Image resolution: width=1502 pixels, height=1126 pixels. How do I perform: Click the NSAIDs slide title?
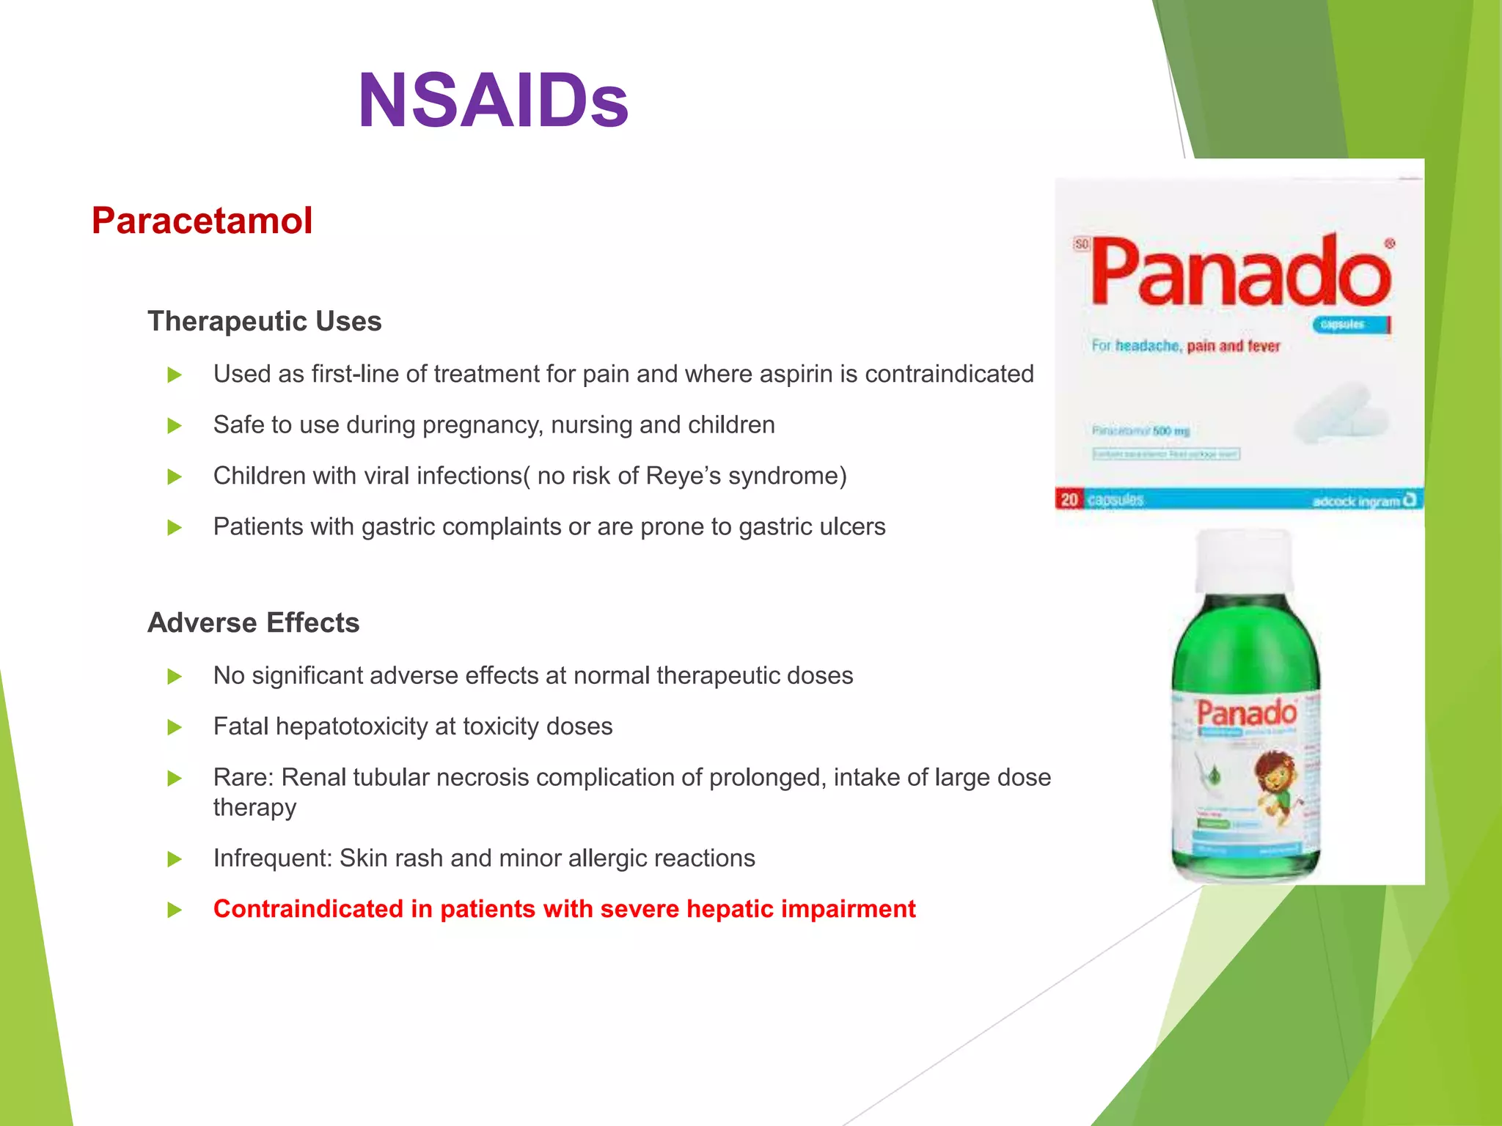(493, 101)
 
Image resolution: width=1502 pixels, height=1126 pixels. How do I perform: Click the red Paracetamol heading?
(202, 221)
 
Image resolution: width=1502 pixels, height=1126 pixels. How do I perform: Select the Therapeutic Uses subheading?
(264, 321)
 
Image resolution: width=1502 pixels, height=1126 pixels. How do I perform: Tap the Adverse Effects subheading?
(253, 622)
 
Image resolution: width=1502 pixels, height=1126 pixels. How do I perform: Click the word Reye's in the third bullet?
(678, 476)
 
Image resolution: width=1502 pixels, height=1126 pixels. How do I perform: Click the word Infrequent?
(272, 858)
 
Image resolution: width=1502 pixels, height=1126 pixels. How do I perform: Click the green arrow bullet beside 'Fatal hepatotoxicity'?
(175, 727)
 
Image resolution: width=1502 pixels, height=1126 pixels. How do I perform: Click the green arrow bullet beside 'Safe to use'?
(175, 426)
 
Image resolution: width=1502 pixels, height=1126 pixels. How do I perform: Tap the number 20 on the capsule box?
(1069, 499)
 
